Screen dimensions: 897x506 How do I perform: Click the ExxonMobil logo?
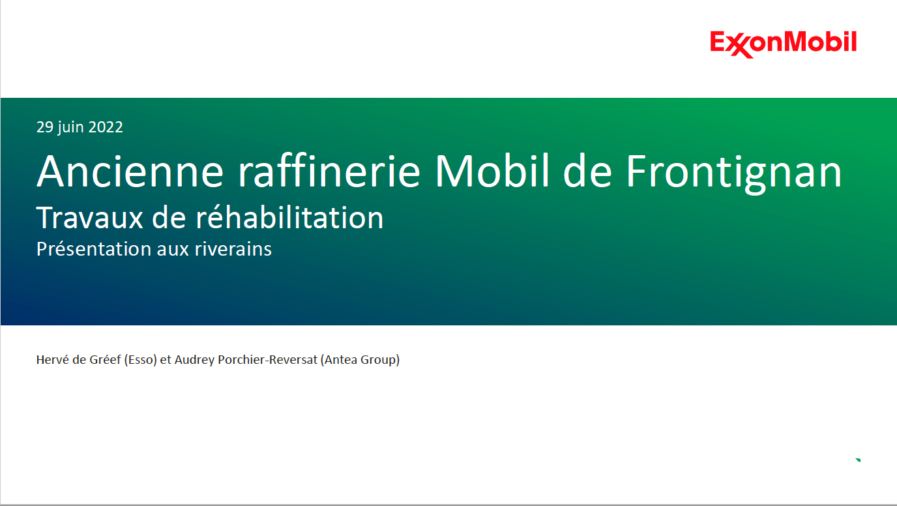(784, 44)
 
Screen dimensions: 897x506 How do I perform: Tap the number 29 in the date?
(45, 127)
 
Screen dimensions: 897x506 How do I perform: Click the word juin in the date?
(71, 128)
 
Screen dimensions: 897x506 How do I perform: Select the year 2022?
(106, 127)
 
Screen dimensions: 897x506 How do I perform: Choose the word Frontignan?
(733, 173)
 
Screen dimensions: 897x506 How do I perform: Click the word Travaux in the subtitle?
(90, 218)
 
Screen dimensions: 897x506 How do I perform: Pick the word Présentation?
(93, 248)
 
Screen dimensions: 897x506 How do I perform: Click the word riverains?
(233, 248)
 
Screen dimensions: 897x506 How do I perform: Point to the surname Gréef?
(105, 359)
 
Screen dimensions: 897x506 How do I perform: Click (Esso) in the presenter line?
(140, 360)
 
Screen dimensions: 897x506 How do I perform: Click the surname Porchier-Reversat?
(268, 359)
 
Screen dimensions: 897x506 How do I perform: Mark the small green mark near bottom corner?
(858, 460)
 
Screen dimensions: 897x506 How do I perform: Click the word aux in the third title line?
(173, 250)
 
